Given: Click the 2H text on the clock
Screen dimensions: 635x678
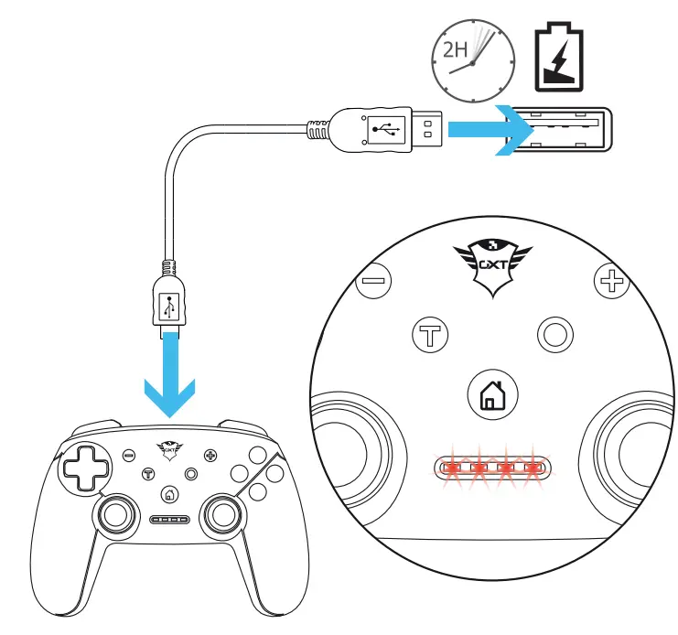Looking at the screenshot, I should pos(454,48).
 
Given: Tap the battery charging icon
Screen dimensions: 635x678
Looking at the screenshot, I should pos(557,59).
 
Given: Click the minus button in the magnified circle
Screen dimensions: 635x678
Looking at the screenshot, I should pos(371,278).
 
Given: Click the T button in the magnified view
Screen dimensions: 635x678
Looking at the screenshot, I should pos(427,335).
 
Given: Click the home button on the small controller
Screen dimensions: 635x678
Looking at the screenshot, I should pos(169,495).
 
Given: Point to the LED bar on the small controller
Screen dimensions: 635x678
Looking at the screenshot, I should pos(169,519).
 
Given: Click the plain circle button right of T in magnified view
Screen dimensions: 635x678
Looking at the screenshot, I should pos(554,335).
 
